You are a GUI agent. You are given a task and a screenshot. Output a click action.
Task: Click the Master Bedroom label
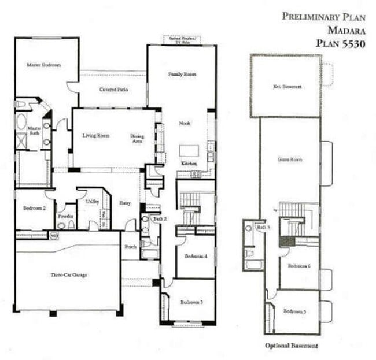(44, 65)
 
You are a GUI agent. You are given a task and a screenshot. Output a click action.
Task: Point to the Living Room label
(95, 136)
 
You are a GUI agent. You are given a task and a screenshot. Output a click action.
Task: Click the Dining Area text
(137, 138)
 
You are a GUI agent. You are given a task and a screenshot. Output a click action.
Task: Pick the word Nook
(185, 123)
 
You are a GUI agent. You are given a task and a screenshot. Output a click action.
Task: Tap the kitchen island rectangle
(189, 150)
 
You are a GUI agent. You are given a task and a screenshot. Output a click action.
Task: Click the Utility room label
(92, 202)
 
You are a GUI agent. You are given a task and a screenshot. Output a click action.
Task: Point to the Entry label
(126, 203)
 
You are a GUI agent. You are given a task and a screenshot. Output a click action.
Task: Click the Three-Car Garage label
(69, 275)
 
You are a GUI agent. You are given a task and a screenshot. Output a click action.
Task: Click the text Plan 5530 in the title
(341, 43)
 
